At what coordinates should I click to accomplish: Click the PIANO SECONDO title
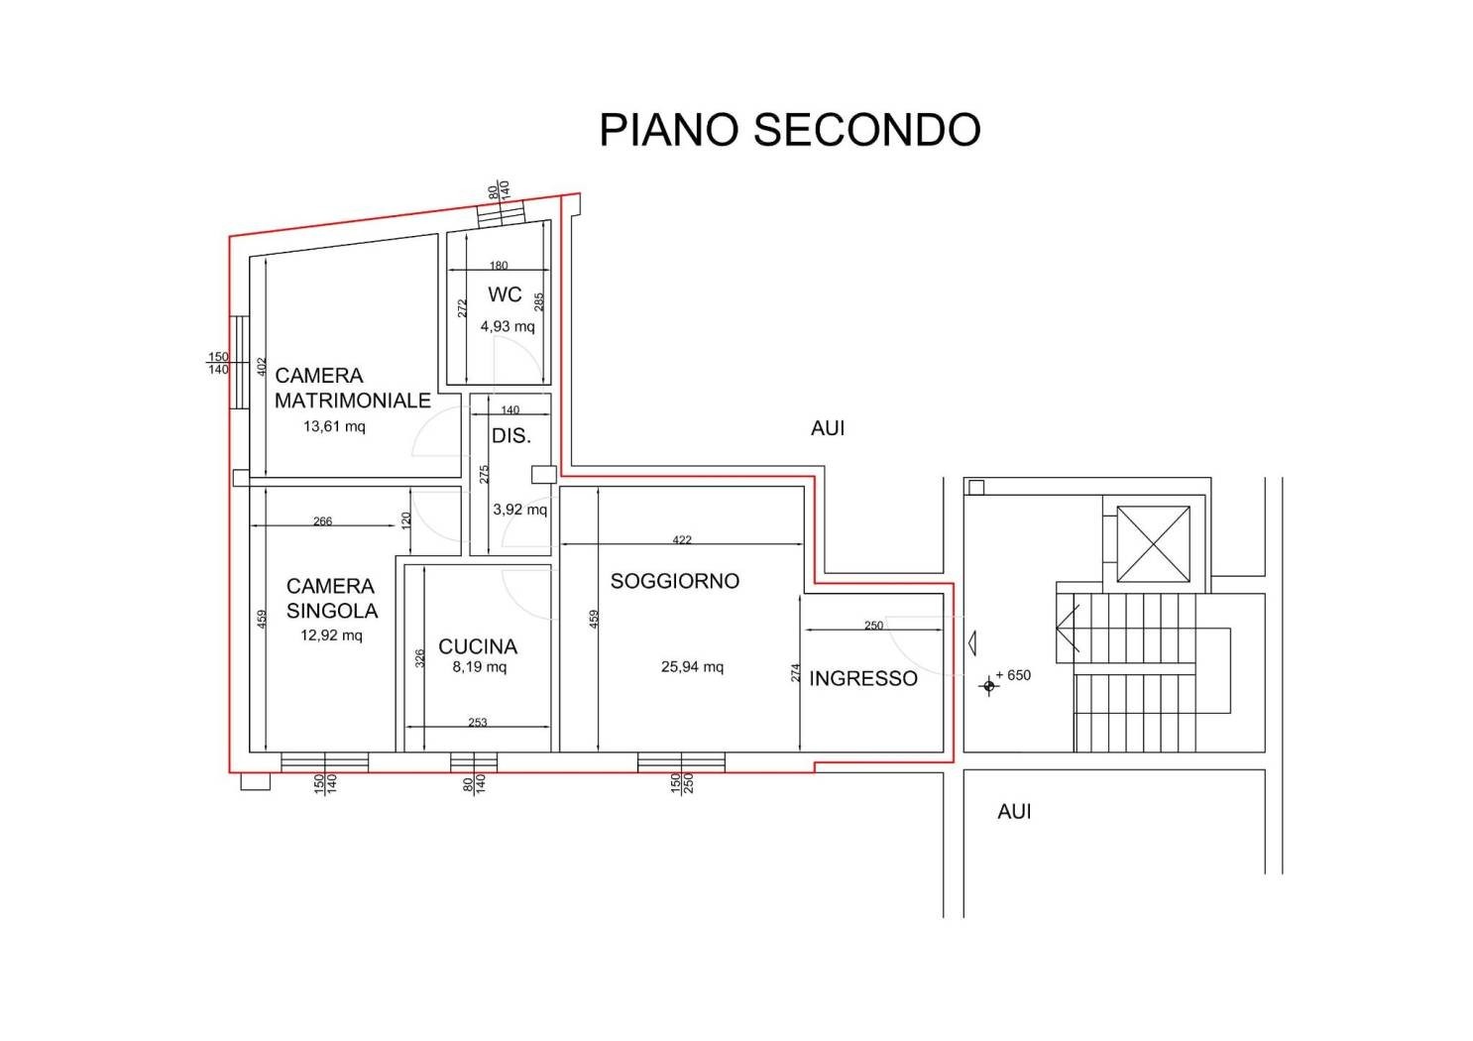pos(789,130)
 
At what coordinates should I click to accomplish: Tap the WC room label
pos(505,294)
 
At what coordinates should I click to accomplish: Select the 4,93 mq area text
pos(507,326)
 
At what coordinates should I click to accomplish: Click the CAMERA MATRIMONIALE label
pos(353,388)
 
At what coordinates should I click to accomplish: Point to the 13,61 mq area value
pos(334,426)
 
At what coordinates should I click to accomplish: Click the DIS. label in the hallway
pos(510,435)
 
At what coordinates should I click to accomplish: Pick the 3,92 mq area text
pos(519,510)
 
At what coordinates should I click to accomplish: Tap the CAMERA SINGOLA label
pos(332,599)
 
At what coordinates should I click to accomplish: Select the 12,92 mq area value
pos(331,636)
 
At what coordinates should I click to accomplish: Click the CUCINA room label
pos(478,647)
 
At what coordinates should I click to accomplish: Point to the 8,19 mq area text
pos(480,667)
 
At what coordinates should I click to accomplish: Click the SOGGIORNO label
pos(675,581)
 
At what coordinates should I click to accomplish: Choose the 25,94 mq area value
pos(692,667)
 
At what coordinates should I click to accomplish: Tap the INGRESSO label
pos(862,679)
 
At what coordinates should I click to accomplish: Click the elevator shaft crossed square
pos(1153,544)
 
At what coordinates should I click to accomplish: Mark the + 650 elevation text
pos(1013,675)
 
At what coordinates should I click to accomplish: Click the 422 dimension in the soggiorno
pos(682,540)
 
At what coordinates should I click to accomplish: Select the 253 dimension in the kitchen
pos(478,722)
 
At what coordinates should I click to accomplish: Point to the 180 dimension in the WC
pos(499,266)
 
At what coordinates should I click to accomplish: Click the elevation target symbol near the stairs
pos(988,686)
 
